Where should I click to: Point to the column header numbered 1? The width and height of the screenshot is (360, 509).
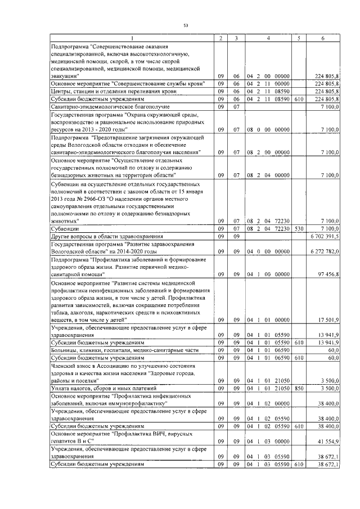point(132,38)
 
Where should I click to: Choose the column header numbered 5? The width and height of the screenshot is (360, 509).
point(299,38)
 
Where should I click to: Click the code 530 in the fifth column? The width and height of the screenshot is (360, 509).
point(299,230)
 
